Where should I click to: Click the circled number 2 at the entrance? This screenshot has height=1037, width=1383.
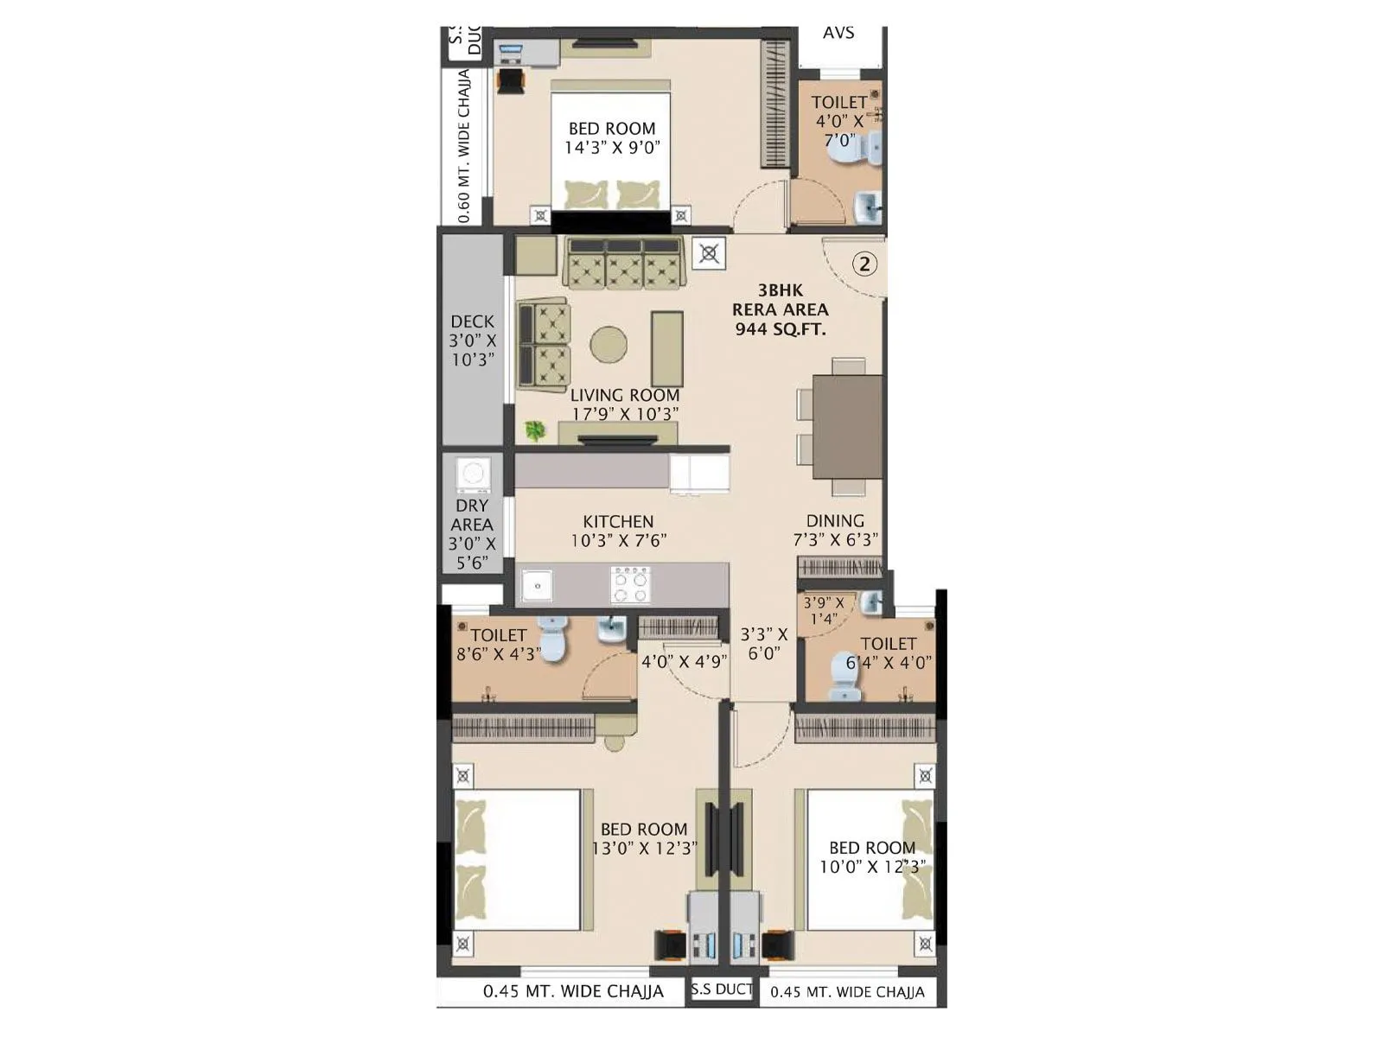tap(865, 264)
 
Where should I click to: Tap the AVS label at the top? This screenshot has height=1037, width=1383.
tap(838, 33)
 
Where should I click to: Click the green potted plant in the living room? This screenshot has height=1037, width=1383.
tap(535, 429)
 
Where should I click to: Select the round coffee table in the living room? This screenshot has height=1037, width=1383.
tap(609, 344)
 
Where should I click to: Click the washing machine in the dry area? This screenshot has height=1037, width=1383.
tap(473, 474)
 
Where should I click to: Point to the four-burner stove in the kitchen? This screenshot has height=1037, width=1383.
tap(630, 585)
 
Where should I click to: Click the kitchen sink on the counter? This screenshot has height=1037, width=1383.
tap(537, 586)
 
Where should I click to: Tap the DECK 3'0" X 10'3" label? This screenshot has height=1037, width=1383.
tap(472, 340)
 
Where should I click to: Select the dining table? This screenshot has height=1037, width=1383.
tap(847, 427)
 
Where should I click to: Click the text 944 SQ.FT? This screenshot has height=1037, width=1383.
tap(781, 329)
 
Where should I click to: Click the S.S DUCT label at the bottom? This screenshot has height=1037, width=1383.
tap(722, 989)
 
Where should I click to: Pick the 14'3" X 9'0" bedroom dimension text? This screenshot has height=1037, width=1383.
tap(612, 148)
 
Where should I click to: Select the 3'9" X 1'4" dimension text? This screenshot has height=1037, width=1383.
tap(824, 611)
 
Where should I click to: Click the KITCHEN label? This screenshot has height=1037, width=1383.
tap(618, 522)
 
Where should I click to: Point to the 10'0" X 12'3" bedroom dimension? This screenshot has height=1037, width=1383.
tap(872, 866)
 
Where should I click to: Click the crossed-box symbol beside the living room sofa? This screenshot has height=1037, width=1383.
tap(709, 253)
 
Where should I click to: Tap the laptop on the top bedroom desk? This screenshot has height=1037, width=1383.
tap(508, 53)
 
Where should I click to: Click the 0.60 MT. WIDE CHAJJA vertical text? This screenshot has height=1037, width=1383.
tap(464, 147)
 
